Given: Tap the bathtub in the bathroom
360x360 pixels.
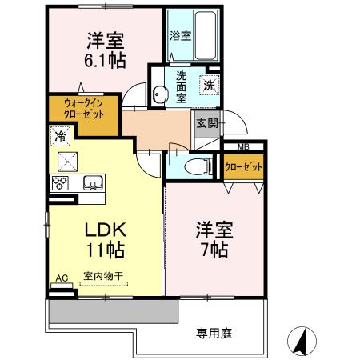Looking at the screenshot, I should [x=204, y=35].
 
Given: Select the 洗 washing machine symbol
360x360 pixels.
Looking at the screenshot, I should [x=208, y=85].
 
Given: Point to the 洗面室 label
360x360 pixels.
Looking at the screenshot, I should [x=181, y=86].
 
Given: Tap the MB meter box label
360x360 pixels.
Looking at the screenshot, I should [x=241, y=146].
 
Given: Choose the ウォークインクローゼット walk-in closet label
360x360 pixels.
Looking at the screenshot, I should [x=79, y=109].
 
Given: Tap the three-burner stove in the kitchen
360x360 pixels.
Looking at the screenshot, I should [x=62, y=183].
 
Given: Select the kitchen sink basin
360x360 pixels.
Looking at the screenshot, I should [x=94, y=183].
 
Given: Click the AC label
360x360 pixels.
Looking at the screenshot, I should [x=61, y=278].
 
